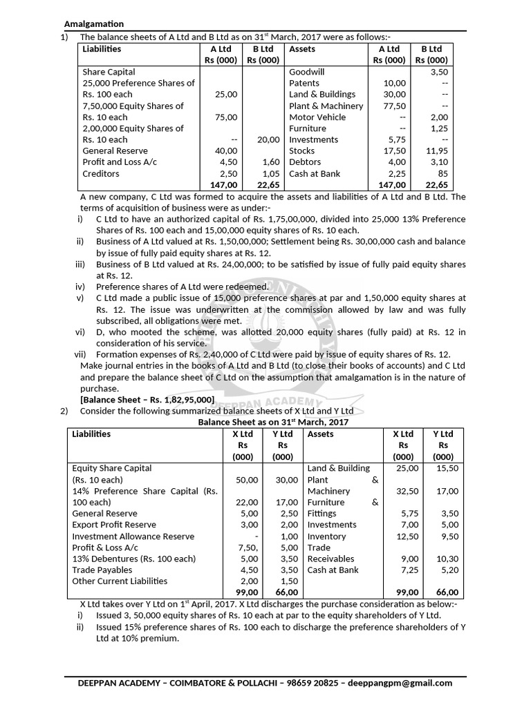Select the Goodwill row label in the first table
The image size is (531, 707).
pyautogui.click(x=306, y=72)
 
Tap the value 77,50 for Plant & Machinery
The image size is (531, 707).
pyautogui.click(x=394, y=106)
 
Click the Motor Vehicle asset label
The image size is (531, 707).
pyautogui.click(x=317, y=117)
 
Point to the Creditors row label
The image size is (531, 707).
pyautogui.click(x=101, y=173)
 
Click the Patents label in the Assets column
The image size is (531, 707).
pyautogui.click(x=304, y=83)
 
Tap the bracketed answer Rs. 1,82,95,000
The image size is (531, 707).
pyautogui.click(x=147, y=400)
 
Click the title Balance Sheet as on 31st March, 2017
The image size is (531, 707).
pyautogui.click(x=274, y=422)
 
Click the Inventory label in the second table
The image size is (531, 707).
pyautogui.click(x=326, y=536)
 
